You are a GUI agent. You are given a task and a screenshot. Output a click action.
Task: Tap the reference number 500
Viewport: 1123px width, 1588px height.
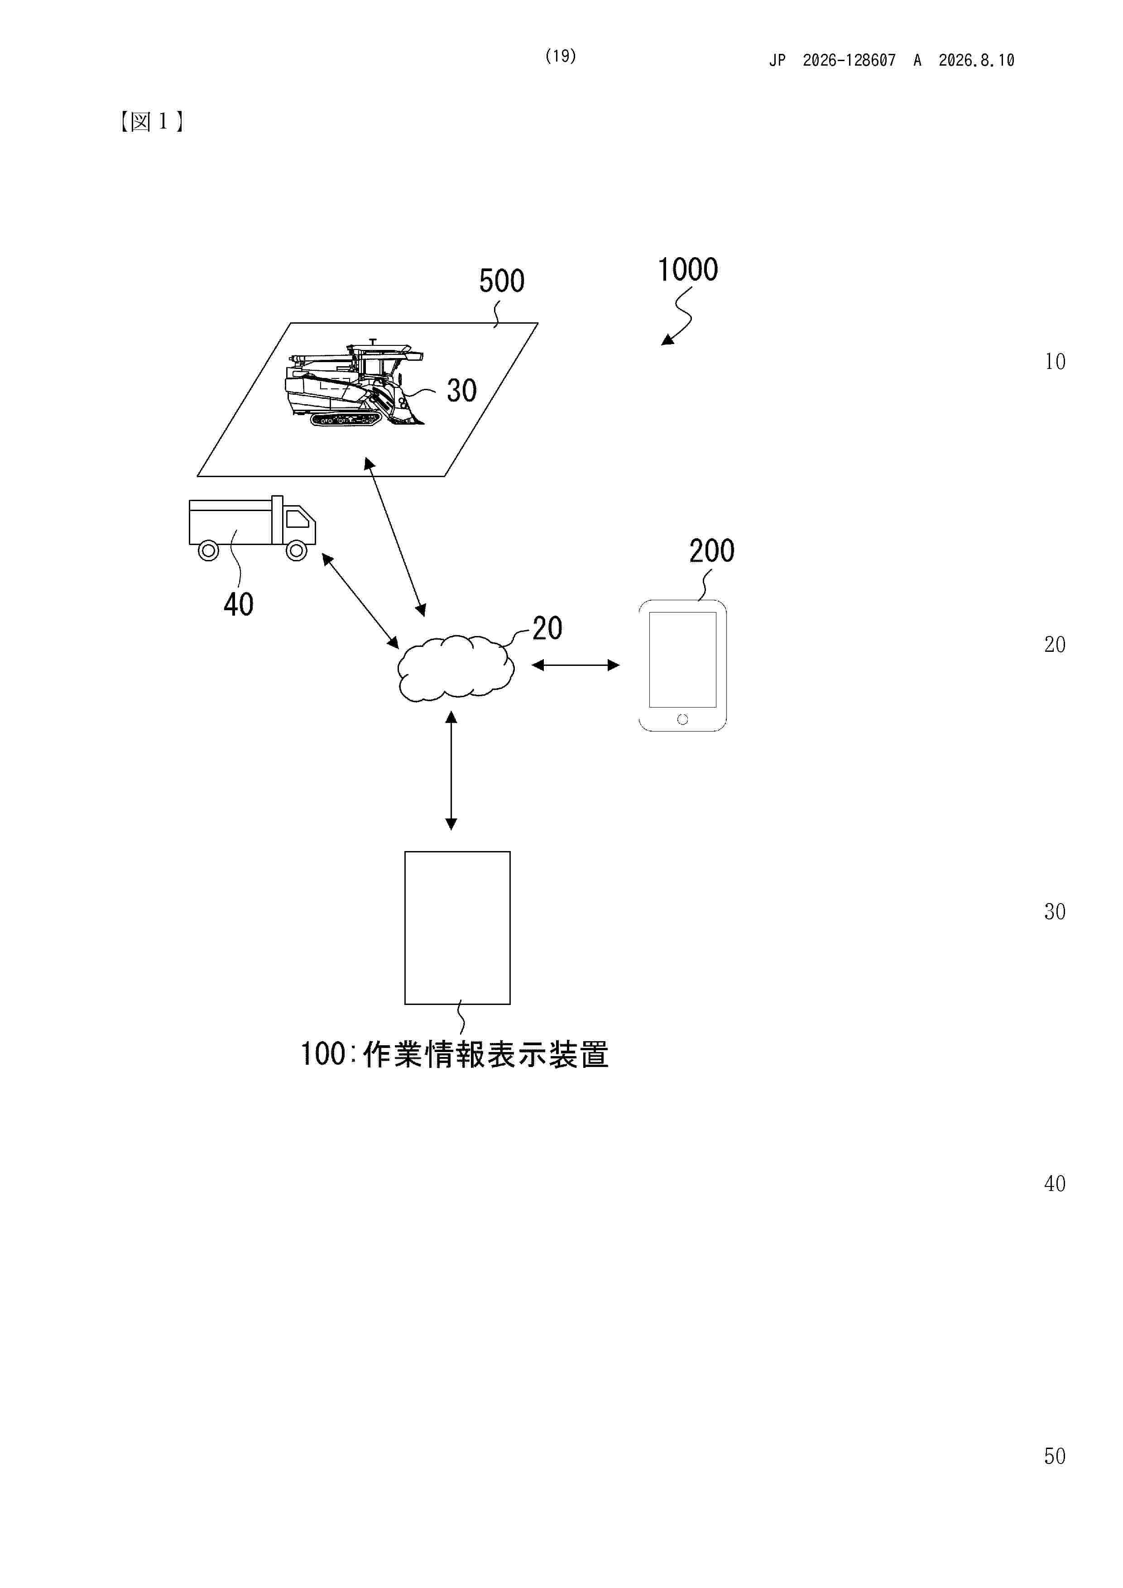[x=502, y=281]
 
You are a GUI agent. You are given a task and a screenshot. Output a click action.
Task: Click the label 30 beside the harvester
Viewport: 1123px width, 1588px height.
[x=461, y=391]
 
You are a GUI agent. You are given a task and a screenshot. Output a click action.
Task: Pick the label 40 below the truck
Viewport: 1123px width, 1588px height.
[x=239, y=604]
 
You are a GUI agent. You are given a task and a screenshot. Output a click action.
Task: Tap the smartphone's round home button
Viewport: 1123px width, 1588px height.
[x=682, y=719]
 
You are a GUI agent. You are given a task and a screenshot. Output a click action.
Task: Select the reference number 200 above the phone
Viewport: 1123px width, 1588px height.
[x=711, y=551]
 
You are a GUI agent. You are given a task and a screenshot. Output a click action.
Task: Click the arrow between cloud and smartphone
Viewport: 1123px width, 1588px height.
[x=575, y=665]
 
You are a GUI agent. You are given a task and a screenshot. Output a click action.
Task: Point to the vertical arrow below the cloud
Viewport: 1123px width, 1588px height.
[x=451, y=770]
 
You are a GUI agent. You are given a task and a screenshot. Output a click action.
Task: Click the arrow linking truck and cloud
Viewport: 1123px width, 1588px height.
[x=360, y=600]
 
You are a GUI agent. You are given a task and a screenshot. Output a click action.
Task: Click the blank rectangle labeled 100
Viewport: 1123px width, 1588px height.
[x=457, y=928]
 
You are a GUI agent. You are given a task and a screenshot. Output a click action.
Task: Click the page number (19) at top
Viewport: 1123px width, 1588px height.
[x=561, y=56]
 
